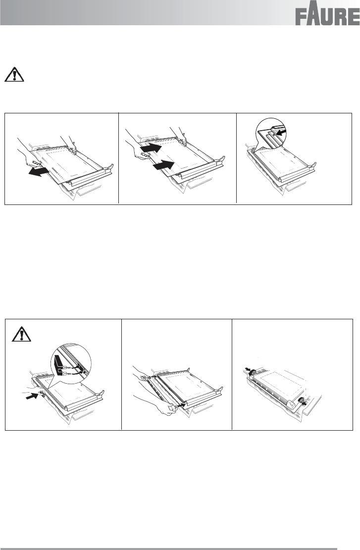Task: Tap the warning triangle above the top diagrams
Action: coord(14,74)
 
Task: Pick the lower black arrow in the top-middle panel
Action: coord(164,164)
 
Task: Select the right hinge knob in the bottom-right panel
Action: coord(301,401)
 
